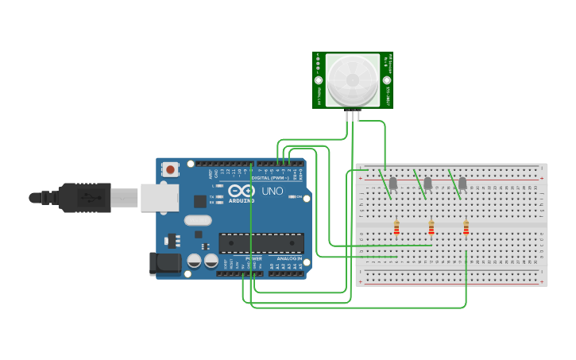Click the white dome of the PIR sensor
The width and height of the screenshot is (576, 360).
click(x=353, y=79)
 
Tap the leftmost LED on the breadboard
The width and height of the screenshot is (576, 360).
click(x=392, y=184)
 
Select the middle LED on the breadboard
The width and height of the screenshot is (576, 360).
click(x=427, y=184)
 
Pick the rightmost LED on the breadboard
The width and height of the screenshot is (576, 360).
click(x=462, y=184)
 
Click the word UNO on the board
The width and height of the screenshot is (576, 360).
click(x=273, y=192)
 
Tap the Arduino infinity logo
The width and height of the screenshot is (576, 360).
click(x=241, y=191)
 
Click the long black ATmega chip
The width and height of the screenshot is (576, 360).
click(x=261, y=243)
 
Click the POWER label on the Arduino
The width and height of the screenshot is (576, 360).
click(x=254, y=259)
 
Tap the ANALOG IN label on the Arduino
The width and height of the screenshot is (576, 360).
click(x=289, y=259)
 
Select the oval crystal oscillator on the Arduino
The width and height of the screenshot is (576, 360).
click(x=199, y=221)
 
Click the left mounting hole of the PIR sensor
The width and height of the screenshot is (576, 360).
click(x=319, y=80)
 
